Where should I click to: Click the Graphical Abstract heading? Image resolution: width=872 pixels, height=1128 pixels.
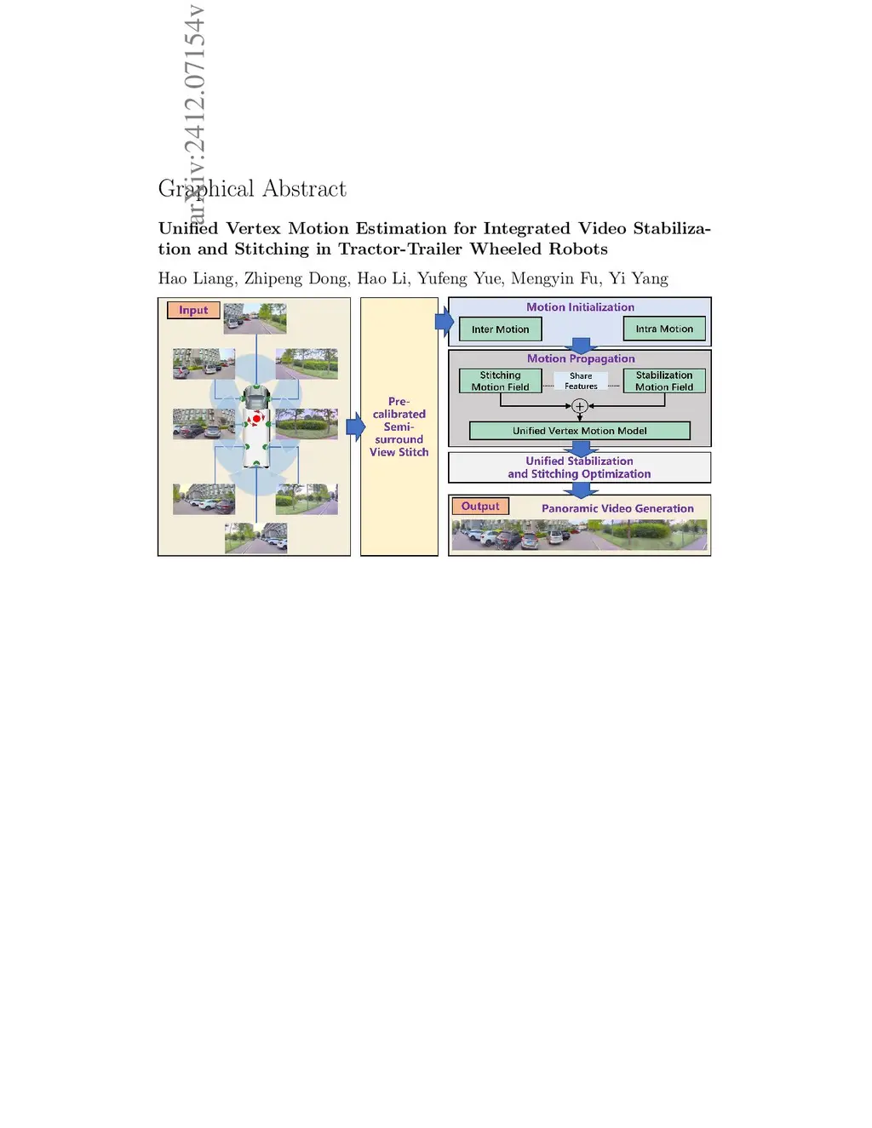tap(252, 189)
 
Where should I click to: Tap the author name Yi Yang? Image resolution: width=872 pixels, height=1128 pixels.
tap(638, 278)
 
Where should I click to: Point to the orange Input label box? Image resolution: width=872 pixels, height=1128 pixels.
tap(193, 310)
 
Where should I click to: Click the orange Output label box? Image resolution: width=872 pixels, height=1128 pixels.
tap(480, 506)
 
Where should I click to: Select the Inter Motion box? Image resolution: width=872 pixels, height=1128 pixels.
tap(500, 329)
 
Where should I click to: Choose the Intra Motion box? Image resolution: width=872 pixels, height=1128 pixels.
tap(664, 329)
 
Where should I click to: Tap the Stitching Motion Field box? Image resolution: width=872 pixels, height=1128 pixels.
tap(500, 381)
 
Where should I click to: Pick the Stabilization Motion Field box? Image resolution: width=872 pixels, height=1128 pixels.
tap(664, 381)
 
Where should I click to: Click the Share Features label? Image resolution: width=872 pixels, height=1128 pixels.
tap(581, 381)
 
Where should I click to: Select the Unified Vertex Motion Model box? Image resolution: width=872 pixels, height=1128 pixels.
tap(579, 431)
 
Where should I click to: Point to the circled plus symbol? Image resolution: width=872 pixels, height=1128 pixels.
tap(579, 406)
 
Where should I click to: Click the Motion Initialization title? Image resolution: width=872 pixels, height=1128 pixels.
tap(580, 307)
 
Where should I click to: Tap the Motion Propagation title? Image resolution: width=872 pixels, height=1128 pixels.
tap(580, 358)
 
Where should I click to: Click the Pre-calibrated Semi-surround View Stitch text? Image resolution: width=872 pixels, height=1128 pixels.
tap(399, 427)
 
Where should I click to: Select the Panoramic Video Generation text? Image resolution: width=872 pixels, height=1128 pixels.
tap(617, 508)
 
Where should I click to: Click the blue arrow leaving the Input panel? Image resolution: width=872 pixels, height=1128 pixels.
tap(355, 427)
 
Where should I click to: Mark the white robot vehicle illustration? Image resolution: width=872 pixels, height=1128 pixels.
tap(256, 427)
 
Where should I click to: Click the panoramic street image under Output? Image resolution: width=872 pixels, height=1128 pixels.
tap(579, 535)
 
